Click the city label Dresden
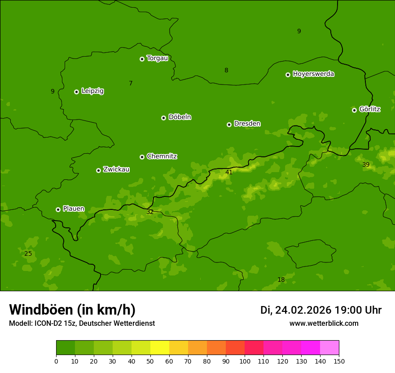pyautogui.click(x=247, y=124)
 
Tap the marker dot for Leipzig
pyautogui.click(x=76, y=92)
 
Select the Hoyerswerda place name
pyautogui.click(x=313, y=74)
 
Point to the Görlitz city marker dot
pyautogui.click(x=354, y=110)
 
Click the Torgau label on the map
pyautogui.click(x=157, y=58)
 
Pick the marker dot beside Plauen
pyautogui.click(x=58, y=209)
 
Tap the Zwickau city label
pyautogui.click(x=116, y=169)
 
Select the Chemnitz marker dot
pyautogui.click(x=142, y=157)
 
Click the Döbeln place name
pyautogui.click(x=180, y=117)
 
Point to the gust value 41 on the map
pyautogui.click(x=229, y=172)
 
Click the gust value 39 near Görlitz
pyautogui.click(x=366, y=164)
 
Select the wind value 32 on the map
pyautogui.click(x=150, y=212)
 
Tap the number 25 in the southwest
pyautogui.click(x=28, y=253)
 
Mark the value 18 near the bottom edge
pyautogui.click(x=281, y=280)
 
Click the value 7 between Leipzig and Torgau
pyautogui.click(x=131, y=83)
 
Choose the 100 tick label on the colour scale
pyautogui.click(x=245, y=361)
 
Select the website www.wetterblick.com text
pyautogui.click(x=324, y=323)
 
